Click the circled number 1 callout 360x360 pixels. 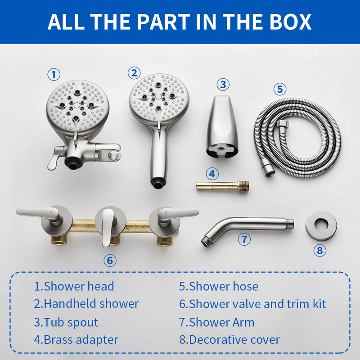tap(54, 74)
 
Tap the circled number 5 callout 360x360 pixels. tap(280, 89)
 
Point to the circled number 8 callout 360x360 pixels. tap(320, 250)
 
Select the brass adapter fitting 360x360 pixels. tap(222, 185)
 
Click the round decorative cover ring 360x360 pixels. tap(321, 225)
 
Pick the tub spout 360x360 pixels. tap(222, 127)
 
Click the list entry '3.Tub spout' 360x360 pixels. tap(66, 322)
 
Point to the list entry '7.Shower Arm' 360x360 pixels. tap(216, 322)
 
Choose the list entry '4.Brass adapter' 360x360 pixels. tap(76, 340)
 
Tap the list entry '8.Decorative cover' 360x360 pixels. tap(229, 340)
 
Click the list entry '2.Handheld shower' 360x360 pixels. tap(86, 304)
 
